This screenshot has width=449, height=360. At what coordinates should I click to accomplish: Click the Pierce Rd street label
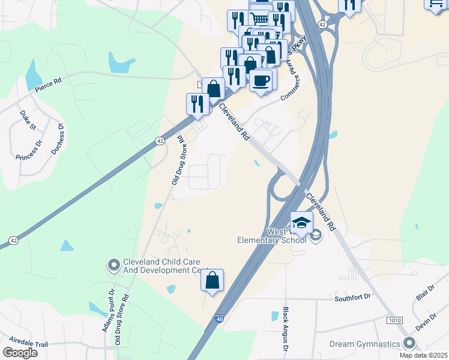coord(48,86)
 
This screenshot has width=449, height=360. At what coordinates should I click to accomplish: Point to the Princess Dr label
coord(29,149)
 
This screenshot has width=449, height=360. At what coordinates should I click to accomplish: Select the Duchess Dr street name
coord(57,139)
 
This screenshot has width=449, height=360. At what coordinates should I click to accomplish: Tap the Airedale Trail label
coord(25,345)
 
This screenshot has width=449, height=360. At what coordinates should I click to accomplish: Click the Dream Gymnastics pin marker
coord(410,343)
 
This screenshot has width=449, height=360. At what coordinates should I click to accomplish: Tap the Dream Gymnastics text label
coord(365,344)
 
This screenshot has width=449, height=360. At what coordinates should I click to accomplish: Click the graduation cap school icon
coord(301,223)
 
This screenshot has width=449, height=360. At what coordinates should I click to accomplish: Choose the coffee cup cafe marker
coord(261,80)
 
